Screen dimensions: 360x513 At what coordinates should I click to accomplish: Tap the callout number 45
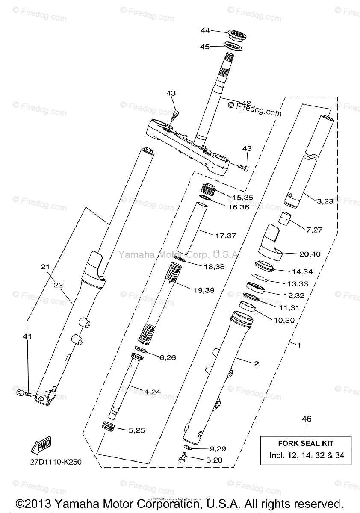coord(205,47)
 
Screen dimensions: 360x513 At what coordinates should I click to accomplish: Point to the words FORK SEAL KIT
coord(307,444)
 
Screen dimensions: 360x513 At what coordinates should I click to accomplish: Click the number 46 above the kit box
coord(307,419)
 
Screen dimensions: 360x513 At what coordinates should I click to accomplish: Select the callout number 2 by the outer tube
coord(256,364)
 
